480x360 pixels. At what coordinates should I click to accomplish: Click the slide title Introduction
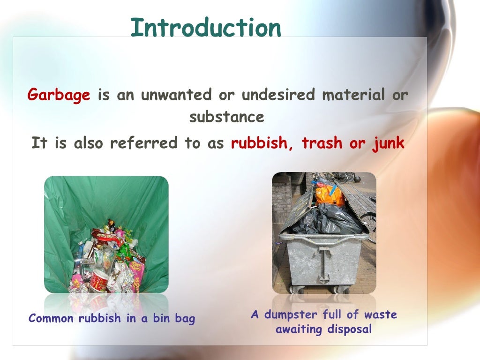tap(206, 28)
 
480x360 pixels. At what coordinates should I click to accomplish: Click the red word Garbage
tap(59, 95)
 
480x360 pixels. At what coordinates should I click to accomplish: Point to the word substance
tap(227, 117)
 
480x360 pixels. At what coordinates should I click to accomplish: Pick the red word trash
tap(323, 143)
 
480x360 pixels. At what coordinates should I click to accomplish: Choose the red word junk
tap(388, 143)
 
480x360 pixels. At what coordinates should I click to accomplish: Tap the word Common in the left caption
tap(51, 319)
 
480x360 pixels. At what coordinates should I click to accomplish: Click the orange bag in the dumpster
tap(330, 194)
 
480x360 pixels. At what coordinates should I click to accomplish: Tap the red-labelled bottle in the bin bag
tap(98, 281)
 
